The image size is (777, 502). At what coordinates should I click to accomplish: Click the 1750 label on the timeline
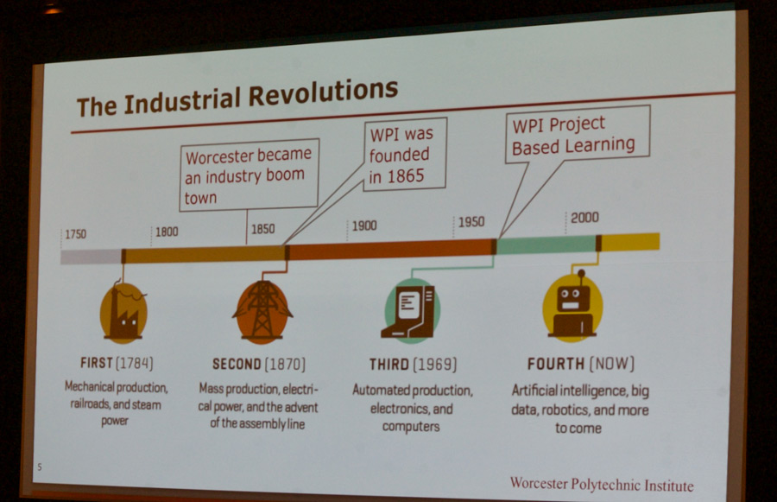[x=75, y=234]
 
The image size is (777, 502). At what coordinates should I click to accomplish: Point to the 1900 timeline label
[x=364, y=226]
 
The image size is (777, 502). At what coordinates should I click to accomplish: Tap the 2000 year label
[x=584, y=217]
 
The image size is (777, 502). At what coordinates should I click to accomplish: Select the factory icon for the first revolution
[x=123, y=313]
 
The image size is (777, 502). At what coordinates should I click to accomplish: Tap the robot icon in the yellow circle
[x=572, y=307]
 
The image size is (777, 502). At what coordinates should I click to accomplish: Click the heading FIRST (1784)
[x=117, y=363]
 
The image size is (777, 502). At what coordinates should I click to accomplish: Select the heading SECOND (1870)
[x=259, y=364]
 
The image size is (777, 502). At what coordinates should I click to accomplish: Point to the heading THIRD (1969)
[x=413, y=365]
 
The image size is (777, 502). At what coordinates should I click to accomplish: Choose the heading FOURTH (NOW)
[x=581, y=364]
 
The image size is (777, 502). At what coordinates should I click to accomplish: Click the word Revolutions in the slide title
[x=323, y=92]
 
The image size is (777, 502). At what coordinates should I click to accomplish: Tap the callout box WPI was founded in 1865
[x=405, y=155]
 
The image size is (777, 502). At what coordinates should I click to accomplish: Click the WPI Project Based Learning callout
[x=578, y=135]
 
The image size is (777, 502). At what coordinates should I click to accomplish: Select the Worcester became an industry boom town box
[x=249, y=175]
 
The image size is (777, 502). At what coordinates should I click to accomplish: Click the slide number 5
[x=40, y=467]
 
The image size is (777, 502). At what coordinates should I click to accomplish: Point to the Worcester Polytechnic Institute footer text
[x=602, y=484]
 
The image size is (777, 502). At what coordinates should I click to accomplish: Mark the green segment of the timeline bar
[x=546, y=245]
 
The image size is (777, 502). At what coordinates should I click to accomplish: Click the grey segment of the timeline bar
[x=92, y=257]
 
